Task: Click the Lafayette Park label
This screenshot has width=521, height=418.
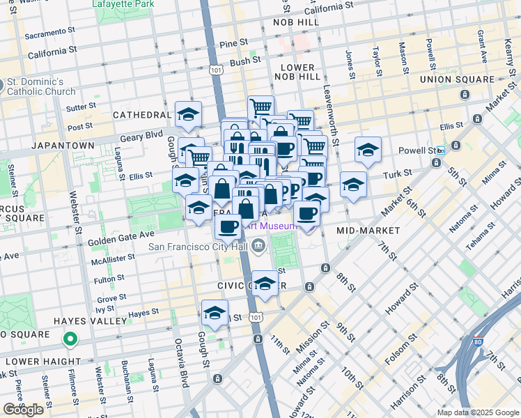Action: pos(124,3)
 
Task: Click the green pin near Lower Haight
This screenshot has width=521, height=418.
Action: pos(70,340)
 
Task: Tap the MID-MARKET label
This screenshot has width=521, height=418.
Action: pos(368,231)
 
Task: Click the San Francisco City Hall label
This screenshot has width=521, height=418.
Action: pos(197,245)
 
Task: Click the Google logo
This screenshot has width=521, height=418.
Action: pos(23,410)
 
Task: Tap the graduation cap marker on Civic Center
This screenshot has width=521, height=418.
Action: pos(264,284)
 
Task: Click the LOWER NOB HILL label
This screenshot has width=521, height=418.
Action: pos(299,72)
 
